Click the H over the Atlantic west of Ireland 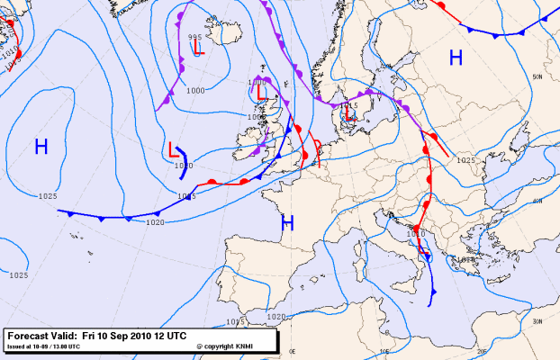41,147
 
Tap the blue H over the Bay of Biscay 287,222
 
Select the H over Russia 456,58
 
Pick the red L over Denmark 351,115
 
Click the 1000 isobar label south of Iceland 194,90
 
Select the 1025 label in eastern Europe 465,160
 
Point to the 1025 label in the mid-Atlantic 48,196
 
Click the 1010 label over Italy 415,235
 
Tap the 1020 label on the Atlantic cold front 155,222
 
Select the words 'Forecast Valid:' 41,335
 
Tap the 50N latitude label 537,78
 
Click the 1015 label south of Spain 235,321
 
